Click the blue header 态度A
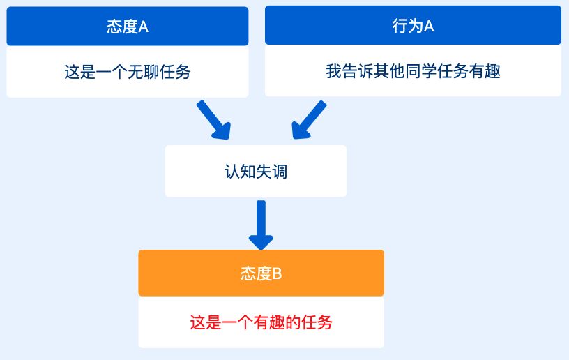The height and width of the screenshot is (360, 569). coord(128,26)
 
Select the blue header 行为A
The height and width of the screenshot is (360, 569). coord(413,25)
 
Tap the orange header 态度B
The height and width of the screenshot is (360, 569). coord(261,273)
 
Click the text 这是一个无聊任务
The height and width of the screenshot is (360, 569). coord(128,71)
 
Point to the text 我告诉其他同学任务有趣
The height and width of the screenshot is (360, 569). coord(413,70)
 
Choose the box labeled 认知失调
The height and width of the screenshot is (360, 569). coord(256,172)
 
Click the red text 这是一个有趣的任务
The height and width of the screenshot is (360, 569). coord(261,322)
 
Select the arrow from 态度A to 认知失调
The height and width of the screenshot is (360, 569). coord(214,120)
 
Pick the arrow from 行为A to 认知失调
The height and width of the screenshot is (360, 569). coord(309,120)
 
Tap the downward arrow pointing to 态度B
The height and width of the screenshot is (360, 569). coord(261,225)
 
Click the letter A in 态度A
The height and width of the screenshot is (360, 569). coord(144,27)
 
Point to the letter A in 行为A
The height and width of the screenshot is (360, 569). coord(429,26)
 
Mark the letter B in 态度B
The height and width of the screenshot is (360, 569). coord(277,273)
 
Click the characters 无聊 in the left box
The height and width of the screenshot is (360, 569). coord(144,71)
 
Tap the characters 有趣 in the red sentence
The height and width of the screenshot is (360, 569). coord(269,322)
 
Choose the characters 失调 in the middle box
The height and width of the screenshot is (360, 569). coord(272,172)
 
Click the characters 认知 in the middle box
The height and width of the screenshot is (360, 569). coord(240,172)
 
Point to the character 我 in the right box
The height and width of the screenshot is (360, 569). coord(333,70)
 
